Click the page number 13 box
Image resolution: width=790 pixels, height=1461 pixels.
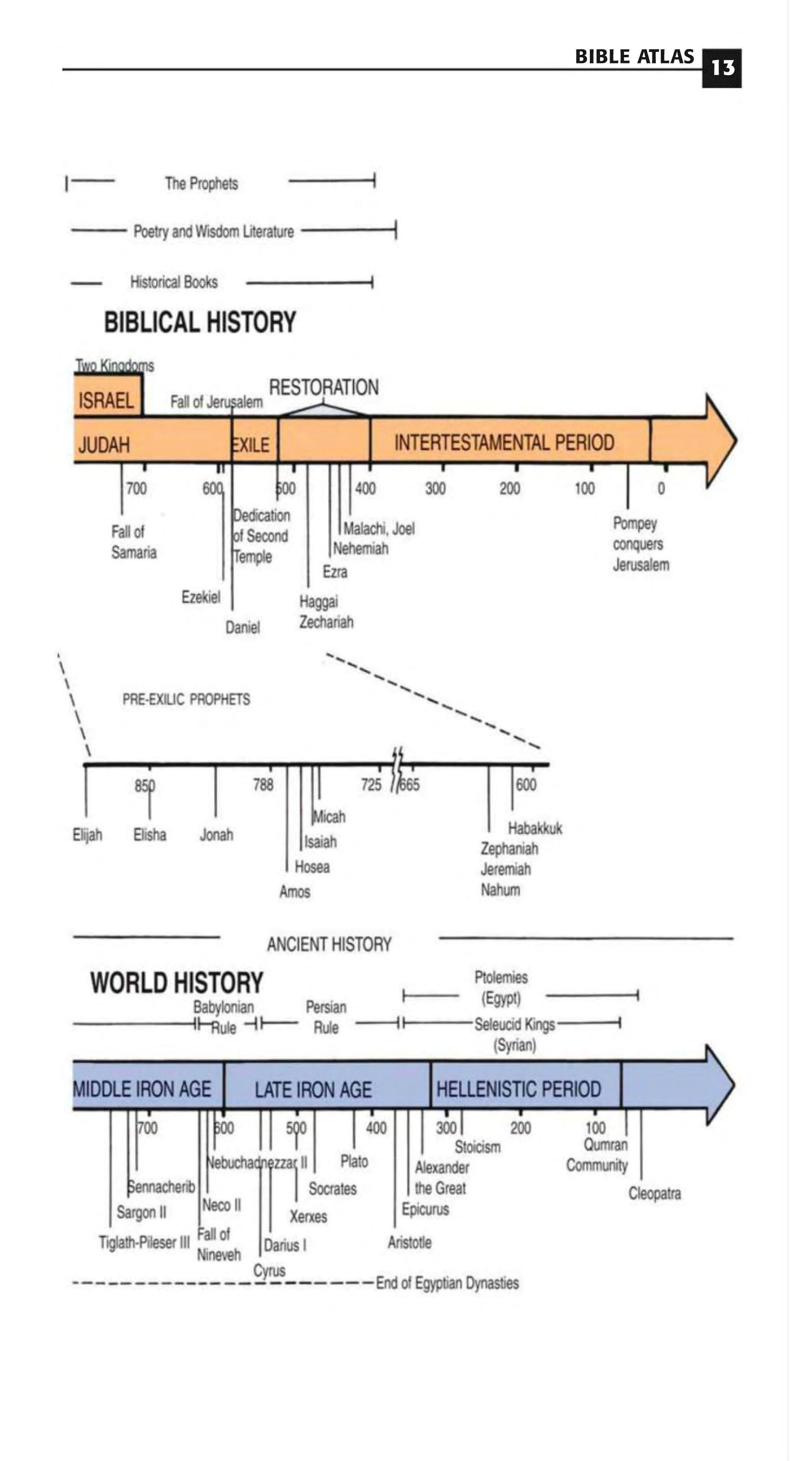[721, 68]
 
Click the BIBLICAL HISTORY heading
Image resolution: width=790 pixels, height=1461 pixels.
[200, 322]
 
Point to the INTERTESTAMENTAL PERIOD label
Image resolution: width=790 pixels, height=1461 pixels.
[504, 442]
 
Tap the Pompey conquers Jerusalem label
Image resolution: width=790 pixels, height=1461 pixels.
[640, 544]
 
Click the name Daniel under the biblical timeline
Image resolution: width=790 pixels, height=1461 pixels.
[243, 627]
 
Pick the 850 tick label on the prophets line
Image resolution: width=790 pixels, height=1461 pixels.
[145, 786]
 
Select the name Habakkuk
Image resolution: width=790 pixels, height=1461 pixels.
[535, 829]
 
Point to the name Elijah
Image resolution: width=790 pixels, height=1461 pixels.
[87, 835]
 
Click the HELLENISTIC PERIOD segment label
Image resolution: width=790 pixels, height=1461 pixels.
[518, 1089]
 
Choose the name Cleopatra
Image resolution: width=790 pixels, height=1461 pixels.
[654, 1193]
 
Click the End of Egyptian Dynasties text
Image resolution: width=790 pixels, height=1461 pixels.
[447, 1283]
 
